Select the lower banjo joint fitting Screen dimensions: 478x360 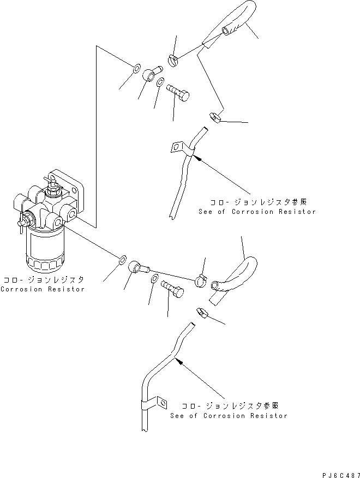coord(139,266)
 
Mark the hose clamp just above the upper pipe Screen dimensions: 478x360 coord(214,116)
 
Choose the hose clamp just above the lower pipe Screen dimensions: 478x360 coord(201,313)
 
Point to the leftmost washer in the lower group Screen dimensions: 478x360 coord(123,257)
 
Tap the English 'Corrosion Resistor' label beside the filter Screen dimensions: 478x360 coord(42,289)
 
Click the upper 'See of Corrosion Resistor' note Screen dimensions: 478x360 coord(257,211)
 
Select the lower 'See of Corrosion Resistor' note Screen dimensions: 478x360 coord(228,415)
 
